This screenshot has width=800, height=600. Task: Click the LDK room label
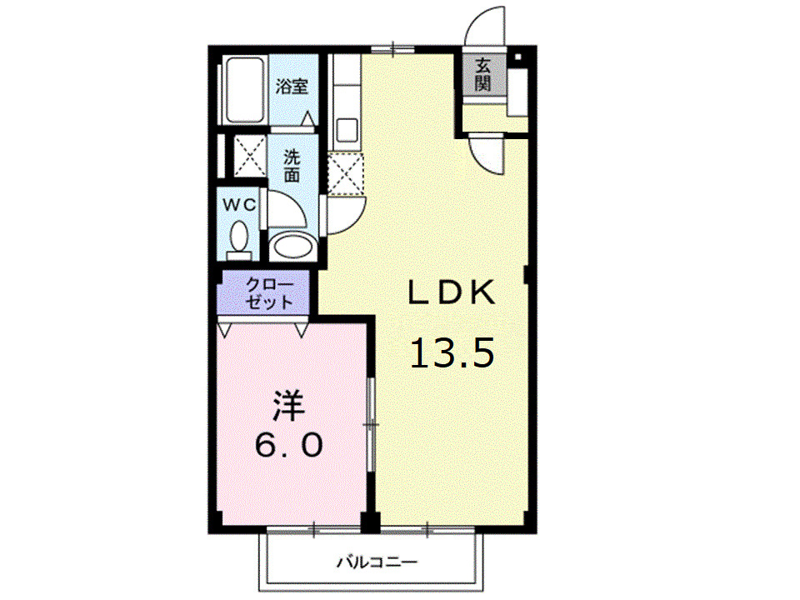click(452, 292)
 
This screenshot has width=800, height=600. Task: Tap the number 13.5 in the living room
click(452, 353)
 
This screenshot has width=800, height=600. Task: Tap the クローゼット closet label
click(268, 293)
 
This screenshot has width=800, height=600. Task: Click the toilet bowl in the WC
click(240, 238)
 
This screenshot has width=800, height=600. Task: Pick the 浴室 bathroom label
click(292, 86)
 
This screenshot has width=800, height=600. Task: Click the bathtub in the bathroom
click(245, 91)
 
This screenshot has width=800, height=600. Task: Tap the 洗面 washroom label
click(291, 165)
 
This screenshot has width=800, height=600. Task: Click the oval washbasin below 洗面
click(292, 247)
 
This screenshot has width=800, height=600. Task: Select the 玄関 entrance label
click(482, 74)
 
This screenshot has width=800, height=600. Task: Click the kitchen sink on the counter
click(346, 130)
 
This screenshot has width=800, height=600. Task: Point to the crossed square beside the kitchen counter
click(344, 172)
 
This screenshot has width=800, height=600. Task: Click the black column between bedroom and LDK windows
click(371, 522)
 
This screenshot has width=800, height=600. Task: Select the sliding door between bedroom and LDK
click(372, 425)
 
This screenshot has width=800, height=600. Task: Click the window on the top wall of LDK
click(393, 48)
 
